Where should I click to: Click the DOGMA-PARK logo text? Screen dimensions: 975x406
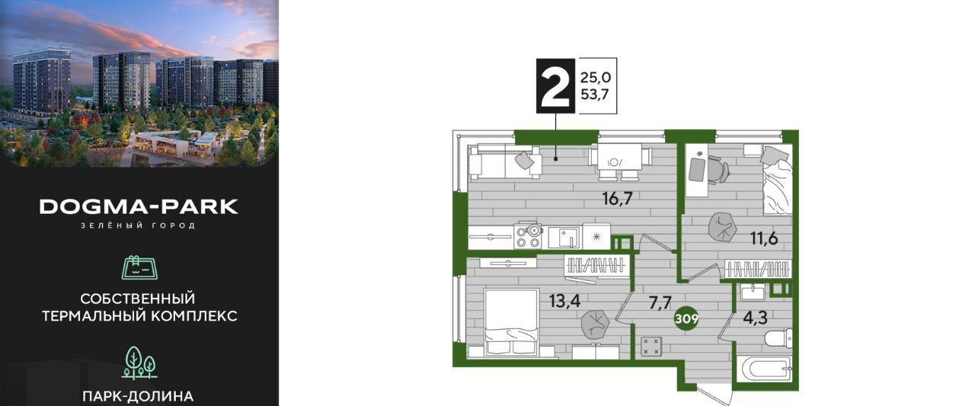[x=139, y=206]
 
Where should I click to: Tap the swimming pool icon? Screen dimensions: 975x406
[x=139, y=267]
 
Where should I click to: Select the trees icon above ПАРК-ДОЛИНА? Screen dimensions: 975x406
[x=139, y=363]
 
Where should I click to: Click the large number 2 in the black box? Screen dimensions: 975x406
[x=555, y=86]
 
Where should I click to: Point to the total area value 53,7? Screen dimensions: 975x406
[x=596, y=94]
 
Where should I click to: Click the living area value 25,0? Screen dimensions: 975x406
[x=596, y=78]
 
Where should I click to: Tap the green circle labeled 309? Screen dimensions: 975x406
[x=686, y=319]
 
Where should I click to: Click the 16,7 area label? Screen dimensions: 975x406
[x=617, y=199]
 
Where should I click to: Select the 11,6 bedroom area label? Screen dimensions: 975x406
[x=764, y=238]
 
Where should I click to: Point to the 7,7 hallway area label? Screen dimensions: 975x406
[x=660, y=302]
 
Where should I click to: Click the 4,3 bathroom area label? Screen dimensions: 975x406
[x=755, y=318]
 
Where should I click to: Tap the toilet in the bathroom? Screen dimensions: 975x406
[x=778, y=339]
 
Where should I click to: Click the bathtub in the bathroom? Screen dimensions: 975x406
[x=764, y=371]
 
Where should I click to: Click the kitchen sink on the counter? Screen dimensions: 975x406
[x=564, y=238]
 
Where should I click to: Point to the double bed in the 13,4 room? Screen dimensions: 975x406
[x=512, y=322]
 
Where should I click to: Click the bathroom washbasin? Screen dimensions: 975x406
[x=753, y=292]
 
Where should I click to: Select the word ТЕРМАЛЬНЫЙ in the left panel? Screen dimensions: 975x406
[x=94, y=316]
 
